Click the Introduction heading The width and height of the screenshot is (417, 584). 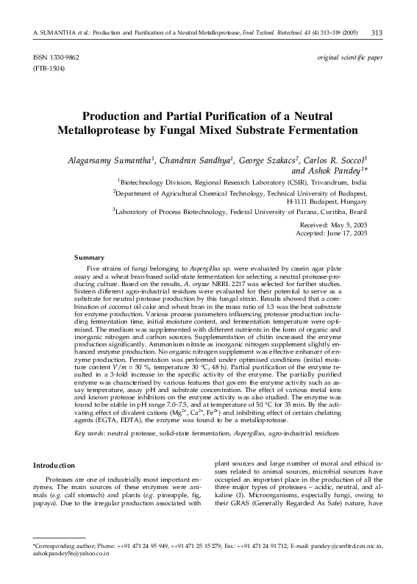pos(55,465)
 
